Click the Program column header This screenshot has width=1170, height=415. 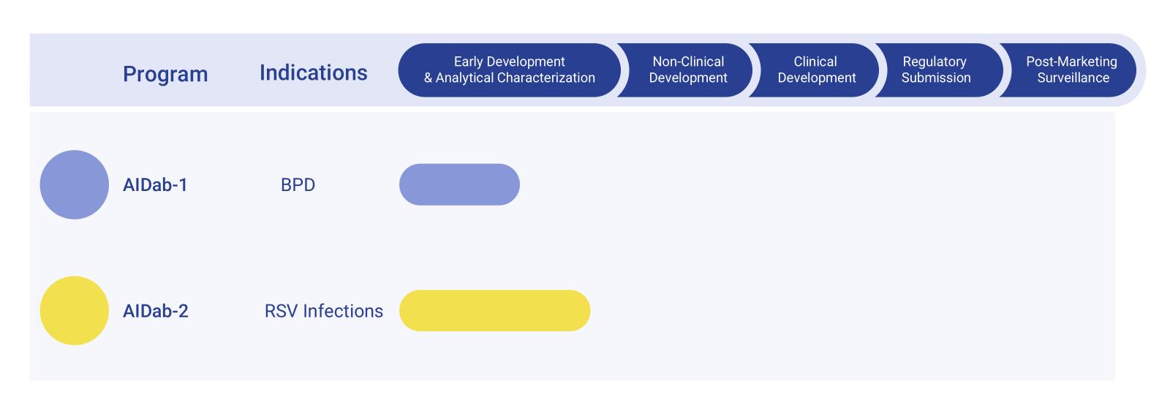(165, 74)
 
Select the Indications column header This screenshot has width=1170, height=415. (313, 72)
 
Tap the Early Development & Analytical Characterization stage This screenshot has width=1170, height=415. (509, 70)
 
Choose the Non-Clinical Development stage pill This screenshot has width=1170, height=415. (687, 70)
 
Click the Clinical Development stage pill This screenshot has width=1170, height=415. (815, 70)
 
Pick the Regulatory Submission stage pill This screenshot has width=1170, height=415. (935, 70)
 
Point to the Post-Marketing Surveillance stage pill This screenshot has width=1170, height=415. (1072, 70)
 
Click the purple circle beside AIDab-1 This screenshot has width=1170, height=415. (74, 184)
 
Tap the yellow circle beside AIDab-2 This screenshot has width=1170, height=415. (74, 310)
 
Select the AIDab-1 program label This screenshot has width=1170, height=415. (155, 184)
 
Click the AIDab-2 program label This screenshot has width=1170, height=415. (156, 311)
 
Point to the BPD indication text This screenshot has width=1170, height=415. (298, 184)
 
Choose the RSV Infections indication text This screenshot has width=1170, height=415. (323, 311)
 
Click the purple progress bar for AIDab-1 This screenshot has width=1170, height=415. (459, 184)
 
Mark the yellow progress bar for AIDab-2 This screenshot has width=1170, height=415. (494, 310)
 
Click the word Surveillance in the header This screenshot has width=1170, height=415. (1073, 78)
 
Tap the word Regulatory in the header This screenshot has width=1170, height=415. (935, 61)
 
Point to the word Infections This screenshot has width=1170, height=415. (343, 311)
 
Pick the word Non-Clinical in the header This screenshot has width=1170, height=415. (688, 61)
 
